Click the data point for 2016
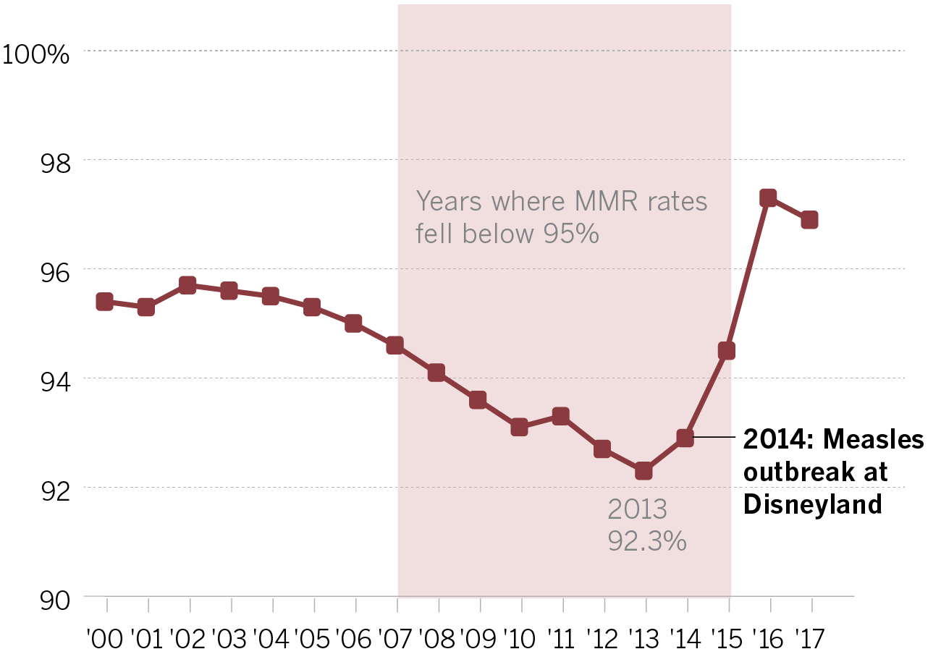pyautogui.click(x=768, y=198)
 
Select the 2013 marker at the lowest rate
pyautogui.click(x=643, y=471)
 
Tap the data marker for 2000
pyautogui.click(x=104, y=302)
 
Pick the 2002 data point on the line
pyautogui.click(x=187, y=285)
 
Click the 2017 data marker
pyautogui.click(x=809, y=219)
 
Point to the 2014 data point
pyautogui.click(x=685, y=438)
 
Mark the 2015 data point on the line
pyautogui.click(x=726, y=351)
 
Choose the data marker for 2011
pyautogui.click(x=560, y=415)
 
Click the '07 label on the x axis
pyautogui.click(x=397, y=639)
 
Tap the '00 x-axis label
pyautogui.click(x=106, y=639)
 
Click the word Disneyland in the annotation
pyautogui.click(x=813, y=504)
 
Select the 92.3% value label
pyautogui.click(x=646, y=541)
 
